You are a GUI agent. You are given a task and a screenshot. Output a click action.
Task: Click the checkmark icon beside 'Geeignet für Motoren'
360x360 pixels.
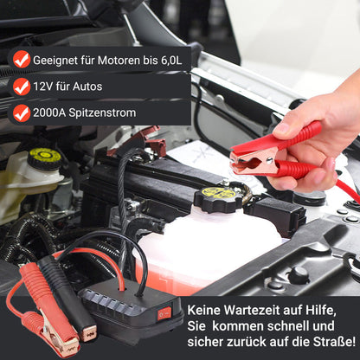pos(21,59)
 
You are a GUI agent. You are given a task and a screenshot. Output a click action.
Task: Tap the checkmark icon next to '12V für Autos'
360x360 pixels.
pos(21,87)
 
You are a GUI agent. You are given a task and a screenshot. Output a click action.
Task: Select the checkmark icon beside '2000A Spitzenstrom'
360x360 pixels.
pos(21,112)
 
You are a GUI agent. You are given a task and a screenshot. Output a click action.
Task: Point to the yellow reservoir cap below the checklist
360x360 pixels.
pos(45,158)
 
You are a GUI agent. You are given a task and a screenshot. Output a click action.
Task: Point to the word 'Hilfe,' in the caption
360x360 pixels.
pos(331,307)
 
